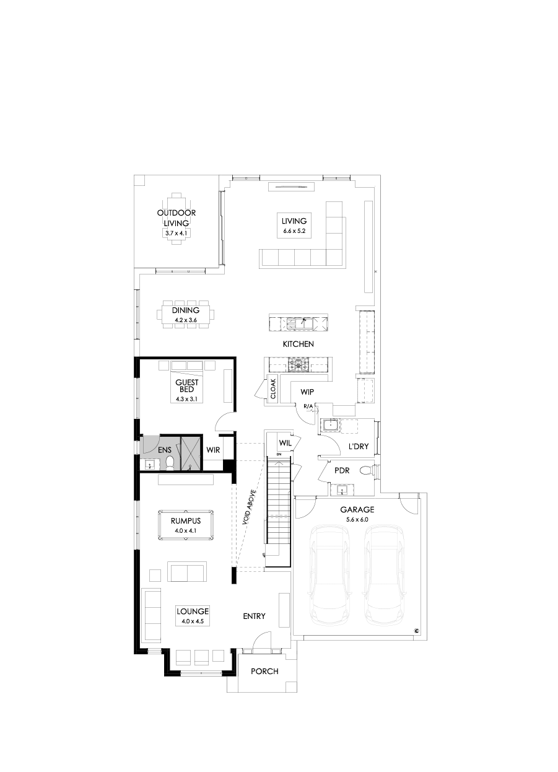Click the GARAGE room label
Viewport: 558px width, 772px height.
pyautogui.click(x=356, y=509)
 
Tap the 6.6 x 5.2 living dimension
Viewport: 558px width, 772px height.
pyautogui.click(x=294, y=231)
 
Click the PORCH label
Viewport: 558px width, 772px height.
pyautogui.click(x=264, y=672)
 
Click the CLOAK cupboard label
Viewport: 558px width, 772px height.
pyautogui.click(x=273, y=388)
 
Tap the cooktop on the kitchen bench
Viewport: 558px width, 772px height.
pyautogui.click(x=300, y=365)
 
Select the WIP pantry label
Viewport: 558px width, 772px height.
pyautogui.click(x=308, y=392)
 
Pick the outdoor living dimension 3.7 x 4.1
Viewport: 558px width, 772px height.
pyautogui.click(x=176, y=233)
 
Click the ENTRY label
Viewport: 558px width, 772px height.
pyautogui.click(x=254, y=616)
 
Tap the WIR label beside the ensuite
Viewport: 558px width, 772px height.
pyautogui.click(x=214, y=449)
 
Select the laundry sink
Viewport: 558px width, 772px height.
pyautogui.click(x=329, y=426)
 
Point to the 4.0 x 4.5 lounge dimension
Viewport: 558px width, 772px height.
pyautogui.click(x=192, y=621)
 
